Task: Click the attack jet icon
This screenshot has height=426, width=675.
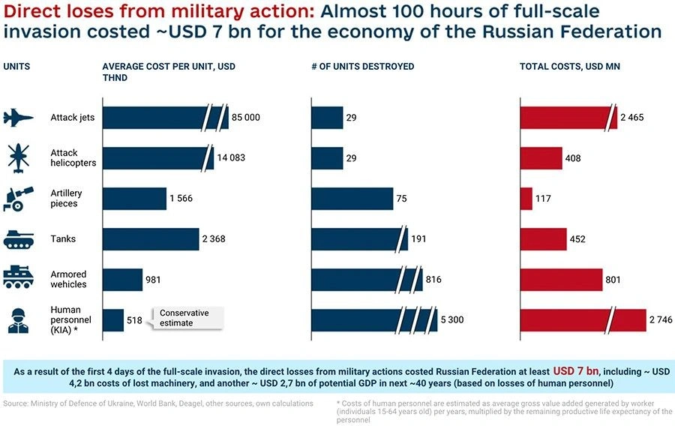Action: pyautogui.click(x=19, y=118)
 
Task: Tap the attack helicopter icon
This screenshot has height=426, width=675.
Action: pyautogui.click(x=19, y=157)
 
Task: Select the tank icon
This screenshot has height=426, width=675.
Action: pyautogui.click(x=19, y=239)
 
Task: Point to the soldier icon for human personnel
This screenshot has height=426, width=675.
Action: pyautogui.click(x=19, y=320)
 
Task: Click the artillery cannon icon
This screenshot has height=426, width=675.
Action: pyautogui.click(x=19, y=198)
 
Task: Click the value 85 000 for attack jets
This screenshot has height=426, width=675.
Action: pyautogui.click(x=245, y=118)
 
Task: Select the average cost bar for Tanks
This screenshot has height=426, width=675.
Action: pyautogui.click(x=150, y=239)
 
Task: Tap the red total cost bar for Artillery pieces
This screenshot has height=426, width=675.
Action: pyautogui.click(x=526, y=199)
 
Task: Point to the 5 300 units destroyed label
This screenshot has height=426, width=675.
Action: pyautogui.click(x=452, y=320)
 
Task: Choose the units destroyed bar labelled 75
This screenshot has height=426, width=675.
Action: pyautogui.click(x=352, y=199)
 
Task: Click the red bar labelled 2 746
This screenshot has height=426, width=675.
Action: pyautogui.click(x=582, y=320)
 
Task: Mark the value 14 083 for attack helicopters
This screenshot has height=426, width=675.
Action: pyautogui.click(x=231, y=158)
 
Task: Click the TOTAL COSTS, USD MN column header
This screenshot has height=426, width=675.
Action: pyautogui.click(x=570, y=67)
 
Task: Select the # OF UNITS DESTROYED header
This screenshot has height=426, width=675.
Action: pyautogui.click(x=363, y=67)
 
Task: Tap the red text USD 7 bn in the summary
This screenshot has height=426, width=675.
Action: pyautogui.click(x=577, y=370)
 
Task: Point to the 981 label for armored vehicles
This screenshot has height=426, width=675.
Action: pyautogui.click(x=154, y=280)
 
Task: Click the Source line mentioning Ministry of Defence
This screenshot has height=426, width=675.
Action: pyautogui.click(x=158, y=403)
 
